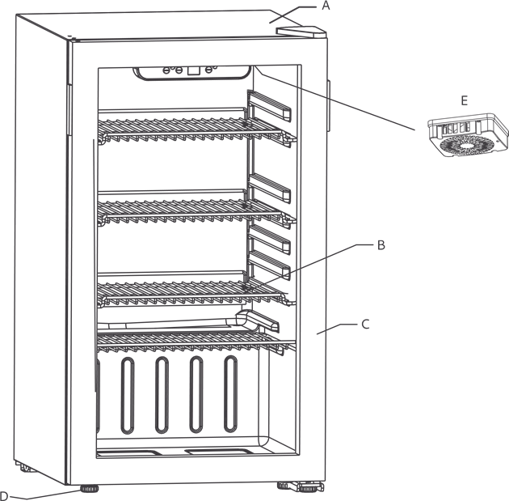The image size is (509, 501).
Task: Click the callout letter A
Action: click(x=326, y=6)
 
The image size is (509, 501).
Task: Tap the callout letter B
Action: click(x=381, y=245)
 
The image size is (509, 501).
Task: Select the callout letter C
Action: click(x=365, y=325)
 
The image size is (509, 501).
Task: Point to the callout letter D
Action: click(x=3, y=496)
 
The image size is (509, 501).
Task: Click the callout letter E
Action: click(x=465, y=101)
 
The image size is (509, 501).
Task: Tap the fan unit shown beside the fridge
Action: click(x=468, y=135)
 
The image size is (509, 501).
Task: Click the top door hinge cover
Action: click(x=301, y=32)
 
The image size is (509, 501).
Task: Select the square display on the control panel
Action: click(x=193, y=70)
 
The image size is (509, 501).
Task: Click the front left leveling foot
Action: click(x=89, y=489)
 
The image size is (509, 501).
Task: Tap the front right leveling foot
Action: click(x=310, y=487)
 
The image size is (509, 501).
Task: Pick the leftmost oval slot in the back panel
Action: click(x=128, y=396)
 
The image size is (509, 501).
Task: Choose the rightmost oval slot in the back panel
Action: click(x=231, y=394)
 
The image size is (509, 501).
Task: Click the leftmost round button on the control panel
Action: click(x=166, y=70)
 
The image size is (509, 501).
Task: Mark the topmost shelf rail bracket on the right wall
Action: click(x=269, y=106)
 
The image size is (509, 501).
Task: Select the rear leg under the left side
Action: click(x=26, y=468)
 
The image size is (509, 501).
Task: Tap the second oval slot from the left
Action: click(x=162, y=395)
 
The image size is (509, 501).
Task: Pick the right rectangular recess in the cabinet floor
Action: click(x=220, y=452)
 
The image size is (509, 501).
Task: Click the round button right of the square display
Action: click(x=208, y=70)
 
